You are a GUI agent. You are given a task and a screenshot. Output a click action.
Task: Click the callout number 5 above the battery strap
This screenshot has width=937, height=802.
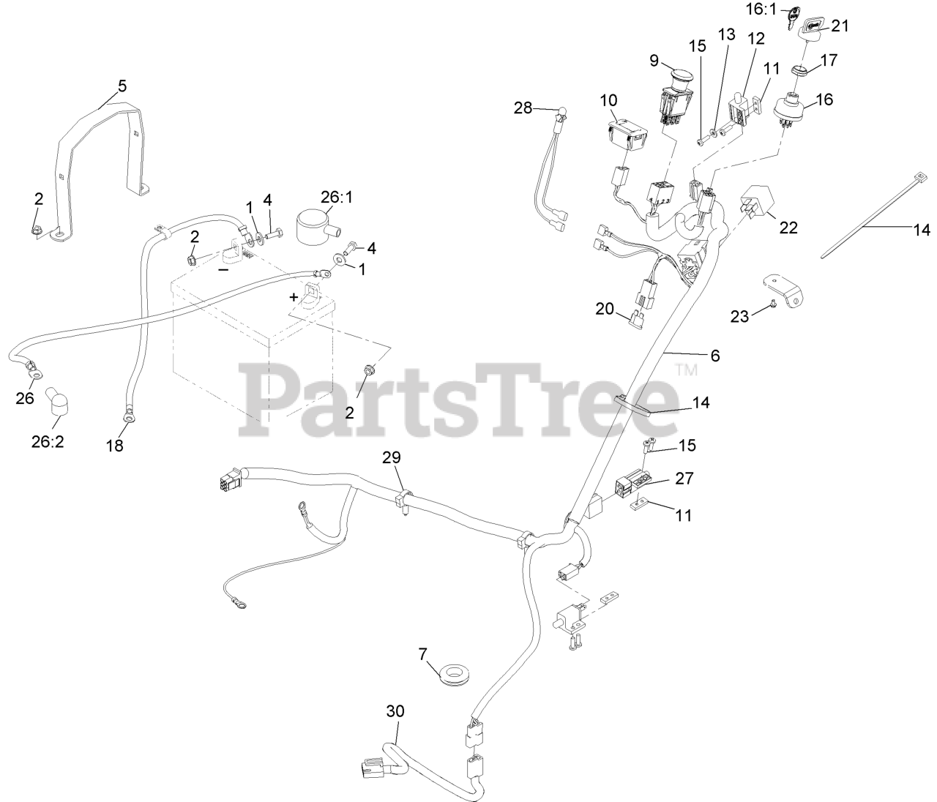(122, 86)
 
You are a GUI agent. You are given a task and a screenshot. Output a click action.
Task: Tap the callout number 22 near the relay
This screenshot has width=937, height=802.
(788, 228)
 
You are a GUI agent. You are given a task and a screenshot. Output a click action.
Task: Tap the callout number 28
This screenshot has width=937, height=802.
(523, 108)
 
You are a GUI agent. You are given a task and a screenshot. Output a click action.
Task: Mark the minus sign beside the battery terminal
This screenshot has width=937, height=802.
(223, 269)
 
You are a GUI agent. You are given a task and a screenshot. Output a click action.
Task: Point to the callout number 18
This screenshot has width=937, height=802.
(115, 444)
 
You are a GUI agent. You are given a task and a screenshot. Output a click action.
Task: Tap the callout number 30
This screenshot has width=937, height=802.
(395, 711)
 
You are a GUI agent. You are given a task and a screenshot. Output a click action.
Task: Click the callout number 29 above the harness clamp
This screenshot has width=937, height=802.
(392, 458)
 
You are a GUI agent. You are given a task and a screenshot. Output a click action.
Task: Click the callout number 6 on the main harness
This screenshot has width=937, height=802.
(714, 356)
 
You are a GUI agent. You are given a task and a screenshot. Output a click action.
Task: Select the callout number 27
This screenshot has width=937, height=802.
(684, 479)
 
